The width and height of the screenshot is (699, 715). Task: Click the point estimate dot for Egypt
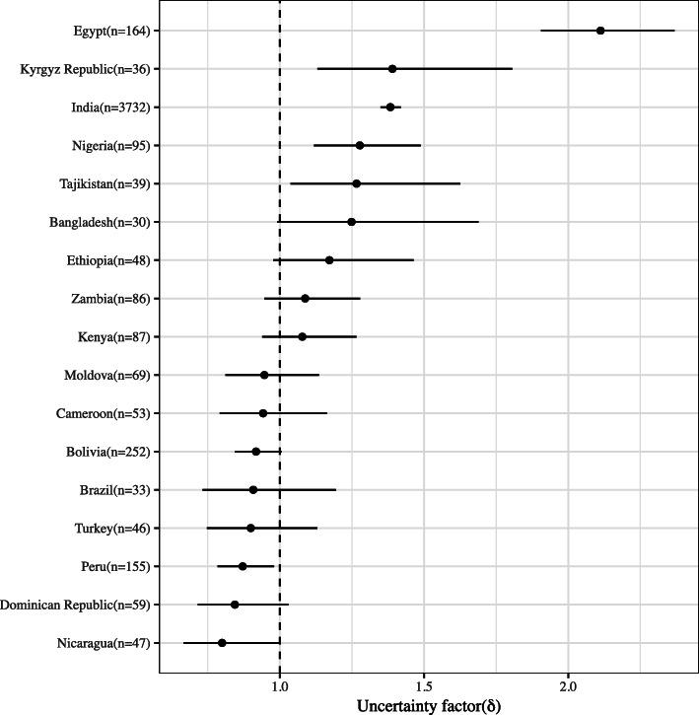tap(600, 31)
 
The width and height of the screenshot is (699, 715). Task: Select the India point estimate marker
tap(390, 107)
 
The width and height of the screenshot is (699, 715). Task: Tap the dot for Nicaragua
tap(222, 643)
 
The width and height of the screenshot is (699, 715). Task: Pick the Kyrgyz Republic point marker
tap(392, 69)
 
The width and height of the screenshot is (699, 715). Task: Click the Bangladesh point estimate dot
tap(351, 222)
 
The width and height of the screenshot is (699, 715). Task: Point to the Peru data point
tap(243, 566)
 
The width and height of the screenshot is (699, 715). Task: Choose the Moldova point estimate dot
tap(264, 375)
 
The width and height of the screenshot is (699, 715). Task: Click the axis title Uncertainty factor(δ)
tap(428, 704)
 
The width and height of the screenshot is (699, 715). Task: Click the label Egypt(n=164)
tap(101, 31)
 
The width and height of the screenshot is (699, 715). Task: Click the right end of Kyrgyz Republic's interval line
tap(512, 69)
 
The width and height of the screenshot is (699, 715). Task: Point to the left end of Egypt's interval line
tap(541, 31)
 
